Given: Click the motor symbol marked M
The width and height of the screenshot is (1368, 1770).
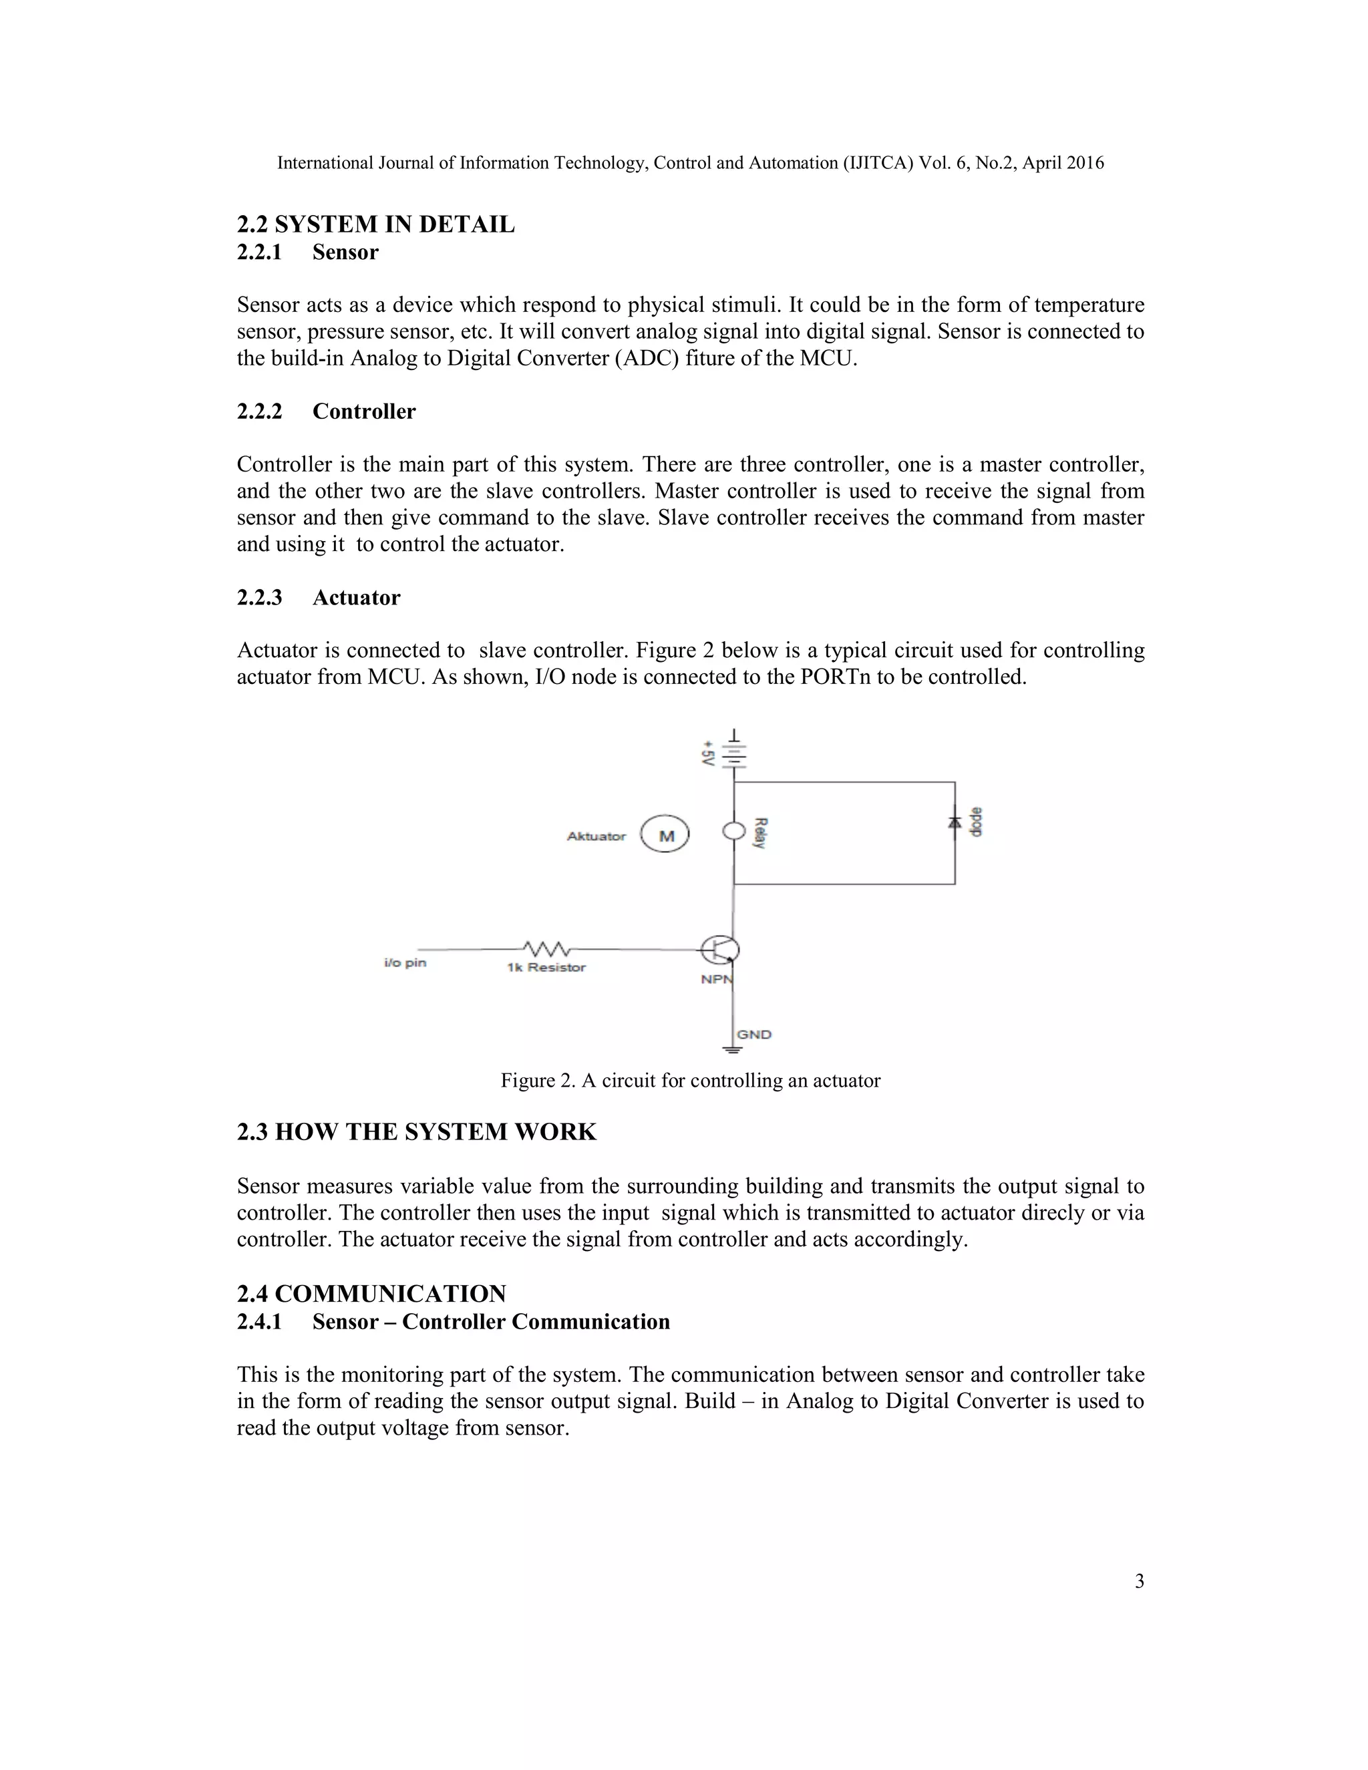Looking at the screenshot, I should click(x=665, y=836).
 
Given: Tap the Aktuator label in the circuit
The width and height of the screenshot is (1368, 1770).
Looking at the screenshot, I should click(x=596, y=836).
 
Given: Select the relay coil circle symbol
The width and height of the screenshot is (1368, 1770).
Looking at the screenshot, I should click(x=733, y=831).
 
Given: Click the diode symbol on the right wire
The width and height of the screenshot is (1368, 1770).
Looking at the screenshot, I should click(x=955, y=822).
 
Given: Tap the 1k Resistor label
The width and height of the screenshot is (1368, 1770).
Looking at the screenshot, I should click(x=546, y=968).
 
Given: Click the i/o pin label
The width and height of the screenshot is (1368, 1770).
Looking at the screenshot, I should click(x=405, y=962).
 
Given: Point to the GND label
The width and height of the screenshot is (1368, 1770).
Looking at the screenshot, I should click(x=753, y=1034).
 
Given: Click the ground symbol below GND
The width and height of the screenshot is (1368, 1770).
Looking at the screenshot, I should click(x=733, y=1051).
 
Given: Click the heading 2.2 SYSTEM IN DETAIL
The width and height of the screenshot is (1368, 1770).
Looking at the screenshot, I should click(x=375, y=224).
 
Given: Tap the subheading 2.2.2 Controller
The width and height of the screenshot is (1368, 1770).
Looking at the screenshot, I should click(x=326, y=411).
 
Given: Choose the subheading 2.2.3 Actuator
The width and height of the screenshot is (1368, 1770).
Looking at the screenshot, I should click(x=319, y=597).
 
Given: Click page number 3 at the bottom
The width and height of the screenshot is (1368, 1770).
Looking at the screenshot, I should click(x=1139, y=1581).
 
